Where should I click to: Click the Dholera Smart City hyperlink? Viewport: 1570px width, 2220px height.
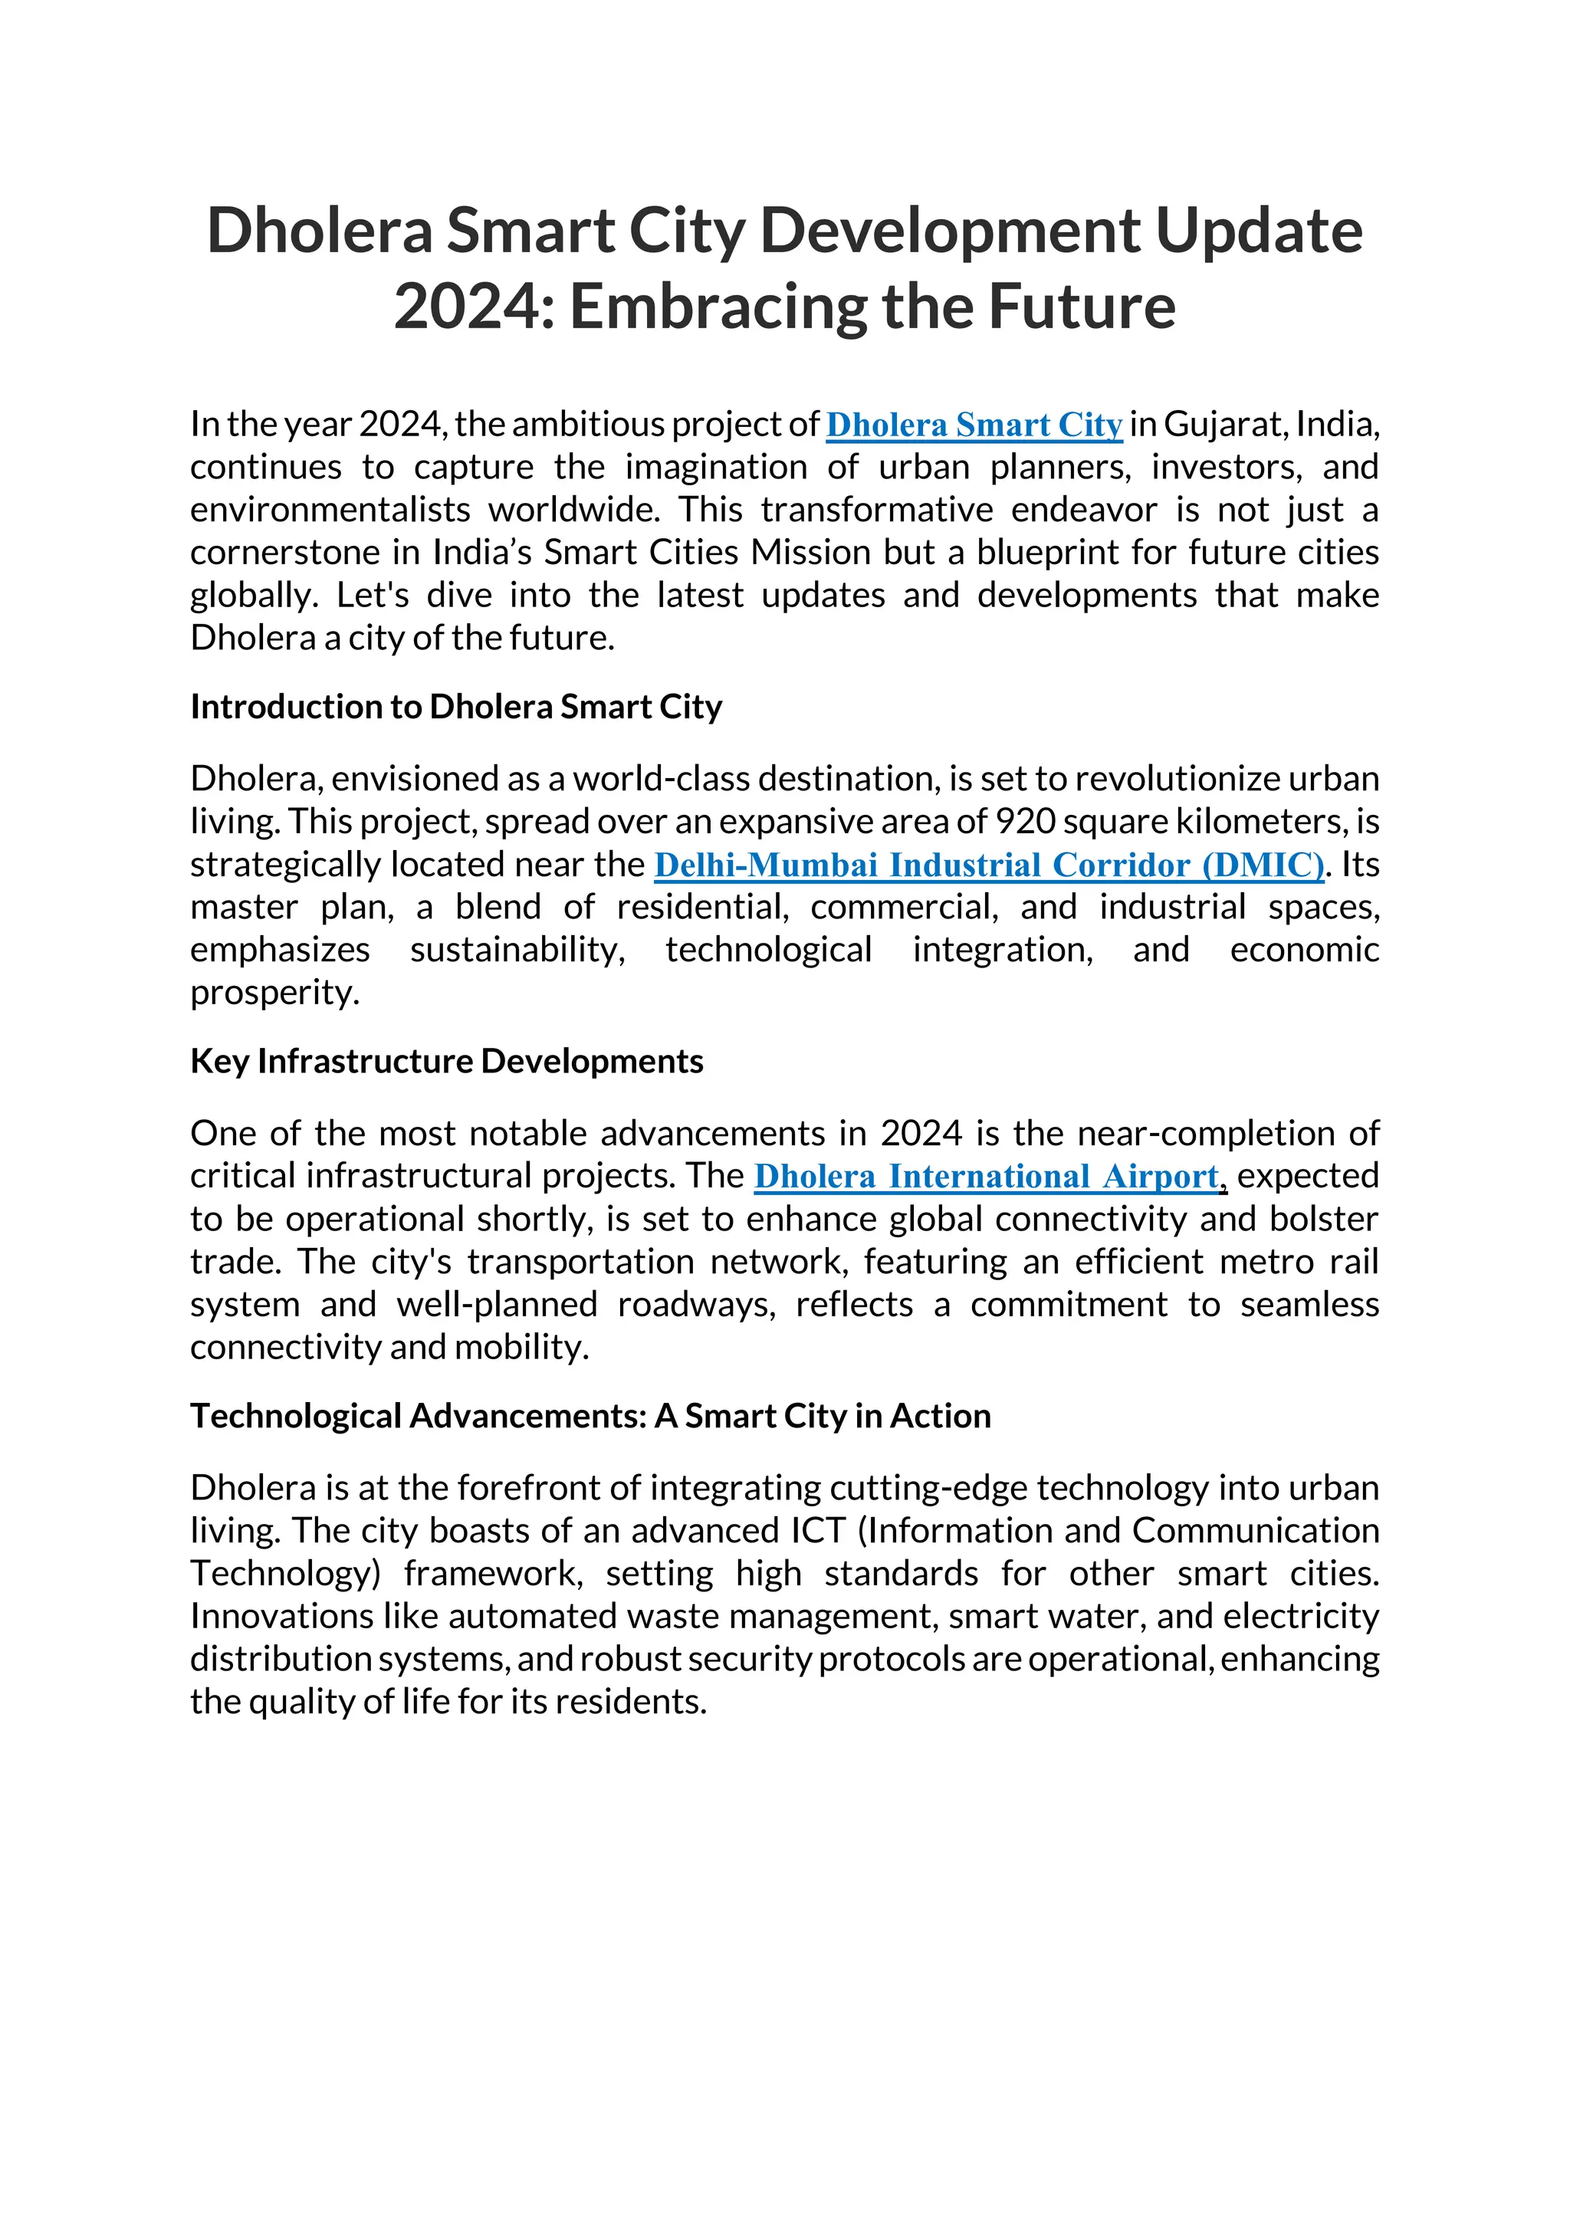(x=974, y=425)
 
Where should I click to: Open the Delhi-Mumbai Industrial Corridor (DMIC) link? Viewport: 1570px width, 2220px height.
(x=988, y=865)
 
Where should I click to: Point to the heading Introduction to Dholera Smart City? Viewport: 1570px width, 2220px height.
(x=455, y=707)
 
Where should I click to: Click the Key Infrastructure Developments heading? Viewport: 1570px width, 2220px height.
(x=447, y=1062)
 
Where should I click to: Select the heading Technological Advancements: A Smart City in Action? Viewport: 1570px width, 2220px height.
(x=590, y=1416)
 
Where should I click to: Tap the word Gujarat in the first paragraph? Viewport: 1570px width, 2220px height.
(x=1225, y=425)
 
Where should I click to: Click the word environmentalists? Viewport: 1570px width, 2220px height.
(x=329, y=510)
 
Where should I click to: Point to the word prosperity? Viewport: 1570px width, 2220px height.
(x=274, y=993)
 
